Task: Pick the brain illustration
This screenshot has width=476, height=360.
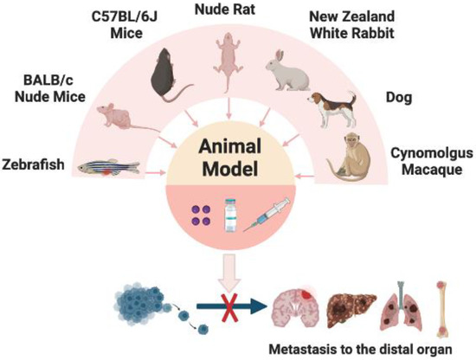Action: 295,308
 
